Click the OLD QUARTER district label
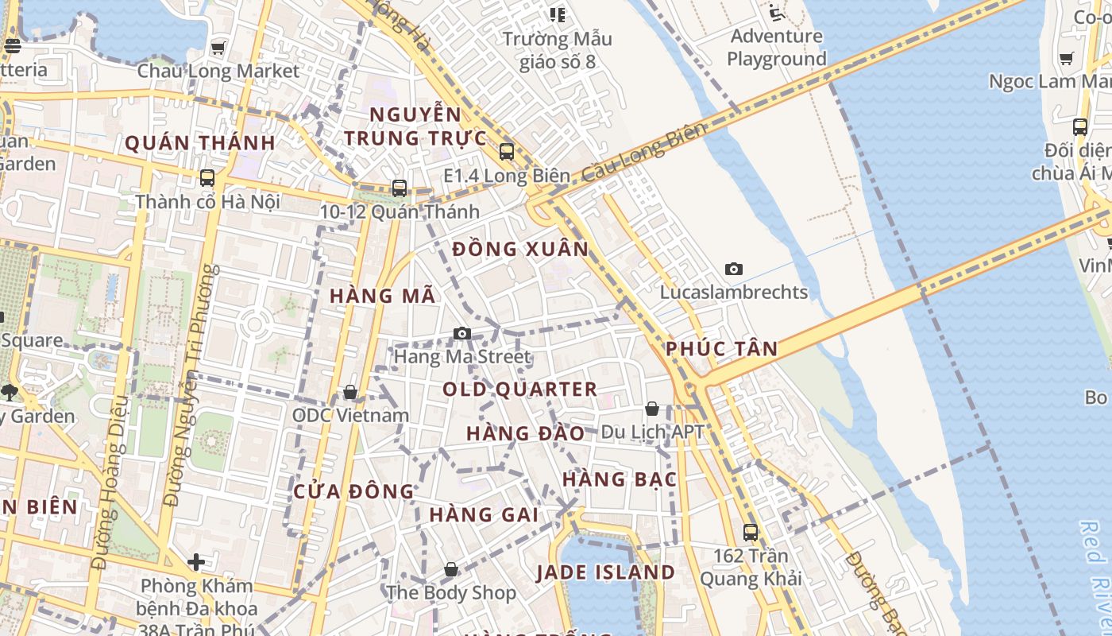519,389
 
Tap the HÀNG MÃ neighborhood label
383,296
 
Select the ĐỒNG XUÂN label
520,249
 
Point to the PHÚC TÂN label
721,348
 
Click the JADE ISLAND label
605,572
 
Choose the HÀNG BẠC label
620,479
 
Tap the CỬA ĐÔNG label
353,491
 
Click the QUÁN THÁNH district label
200,143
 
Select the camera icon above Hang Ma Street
462,333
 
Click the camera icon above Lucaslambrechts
734,269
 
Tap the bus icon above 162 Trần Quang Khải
751,532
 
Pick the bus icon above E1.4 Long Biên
507,151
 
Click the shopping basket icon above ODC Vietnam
349,392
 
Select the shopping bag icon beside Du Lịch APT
652,409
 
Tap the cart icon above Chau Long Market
218,48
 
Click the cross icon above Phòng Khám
196,562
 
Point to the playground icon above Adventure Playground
776,13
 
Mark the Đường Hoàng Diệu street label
111,506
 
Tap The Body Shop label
450,592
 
